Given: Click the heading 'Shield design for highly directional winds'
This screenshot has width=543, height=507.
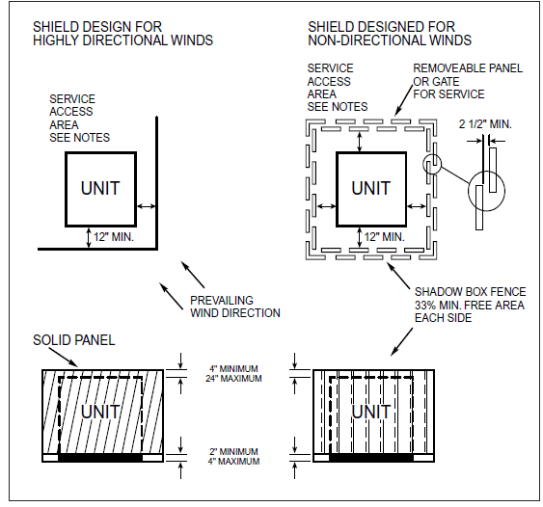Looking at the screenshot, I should pos(122,33).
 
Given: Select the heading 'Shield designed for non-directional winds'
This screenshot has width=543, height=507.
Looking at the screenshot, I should pos(389,33).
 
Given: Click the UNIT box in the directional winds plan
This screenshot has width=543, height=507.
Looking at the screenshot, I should pos(100,187).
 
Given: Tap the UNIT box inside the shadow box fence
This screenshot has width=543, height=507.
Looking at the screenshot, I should pos(370,188).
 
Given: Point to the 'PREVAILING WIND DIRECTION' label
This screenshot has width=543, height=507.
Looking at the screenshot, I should pos(234,306).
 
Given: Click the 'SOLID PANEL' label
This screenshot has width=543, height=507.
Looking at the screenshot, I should pos(74,340).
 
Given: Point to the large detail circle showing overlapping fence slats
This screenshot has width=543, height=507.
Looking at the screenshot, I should pos(488,195).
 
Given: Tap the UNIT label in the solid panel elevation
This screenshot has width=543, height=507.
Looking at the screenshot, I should pos(100,412).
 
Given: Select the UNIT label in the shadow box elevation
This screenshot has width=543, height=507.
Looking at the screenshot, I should pos(370,412).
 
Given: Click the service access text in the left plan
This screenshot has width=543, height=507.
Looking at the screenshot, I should pos(79,118).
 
